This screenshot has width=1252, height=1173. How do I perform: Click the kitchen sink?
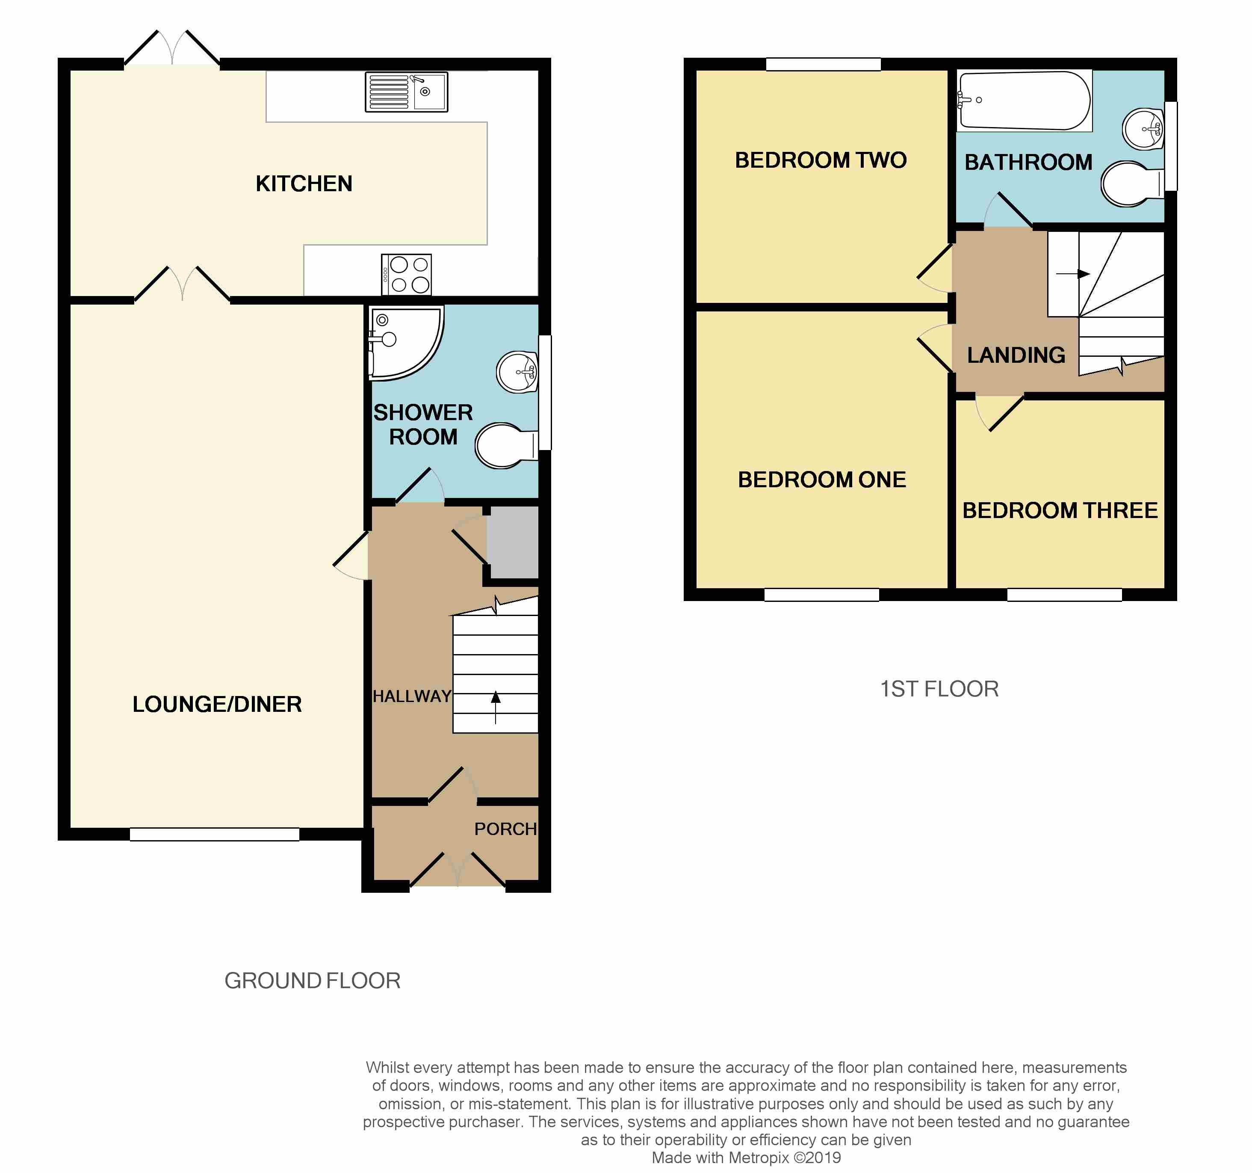[406, 92]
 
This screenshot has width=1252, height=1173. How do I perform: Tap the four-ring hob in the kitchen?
[406, 274]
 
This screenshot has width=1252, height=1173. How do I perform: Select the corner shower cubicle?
[403, 344]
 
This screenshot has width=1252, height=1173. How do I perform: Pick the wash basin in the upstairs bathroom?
[1143, 129]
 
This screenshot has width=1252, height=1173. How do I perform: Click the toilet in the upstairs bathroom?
[1132, 184]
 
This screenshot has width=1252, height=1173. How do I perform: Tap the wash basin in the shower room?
[517, 372]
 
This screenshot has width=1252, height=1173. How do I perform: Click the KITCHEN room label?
[304, 184]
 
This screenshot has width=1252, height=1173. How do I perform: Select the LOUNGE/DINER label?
[217, 704]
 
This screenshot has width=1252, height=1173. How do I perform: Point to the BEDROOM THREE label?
[1060, 510]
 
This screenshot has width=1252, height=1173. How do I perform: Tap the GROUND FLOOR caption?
[313, 981]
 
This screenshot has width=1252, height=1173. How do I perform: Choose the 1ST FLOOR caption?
[939, 689]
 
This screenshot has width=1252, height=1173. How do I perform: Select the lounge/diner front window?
[215, 834]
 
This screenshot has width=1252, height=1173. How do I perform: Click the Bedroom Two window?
[823, 64]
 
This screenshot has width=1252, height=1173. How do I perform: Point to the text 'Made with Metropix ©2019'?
[746, 1158]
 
